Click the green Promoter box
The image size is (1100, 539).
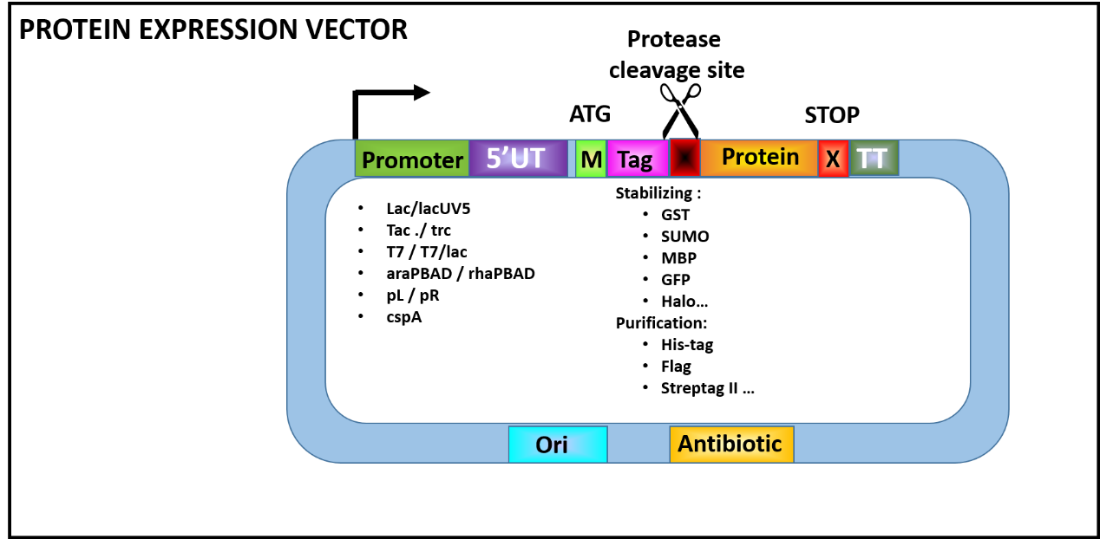(x=412, y=159)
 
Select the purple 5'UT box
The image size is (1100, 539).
(x=516, y=159)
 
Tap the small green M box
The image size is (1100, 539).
(x=591, y=159)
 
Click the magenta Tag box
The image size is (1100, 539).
(x=637, y=159)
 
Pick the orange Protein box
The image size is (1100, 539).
(x=759, y=158)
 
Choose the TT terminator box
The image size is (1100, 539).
(x=874, y=159)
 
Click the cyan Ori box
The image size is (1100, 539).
(x=557, y=445)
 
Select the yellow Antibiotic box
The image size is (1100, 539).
(x=731, y=445)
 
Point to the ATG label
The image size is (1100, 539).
(x=590, y=114)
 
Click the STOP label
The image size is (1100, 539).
(x=831, y=115)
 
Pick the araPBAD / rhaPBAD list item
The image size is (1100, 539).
(x=461, y=274)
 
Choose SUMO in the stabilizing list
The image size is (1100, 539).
(x=684, y=237)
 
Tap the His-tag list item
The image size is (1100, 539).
(x=687, y=345)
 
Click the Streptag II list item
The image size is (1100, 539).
(x=707, y=388)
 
